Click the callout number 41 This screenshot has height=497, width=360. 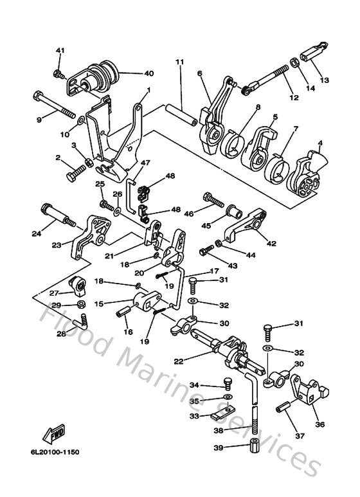coord(60,51)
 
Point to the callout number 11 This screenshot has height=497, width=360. coord(179,62)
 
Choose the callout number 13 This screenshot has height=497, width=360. coord(324,80)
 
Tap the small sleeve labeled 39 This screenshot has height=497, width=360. coord(255,448)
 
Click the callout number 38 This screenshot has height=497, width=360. coord(219,431)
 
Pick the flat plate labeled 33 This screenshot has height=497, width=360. coord(221,415)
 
